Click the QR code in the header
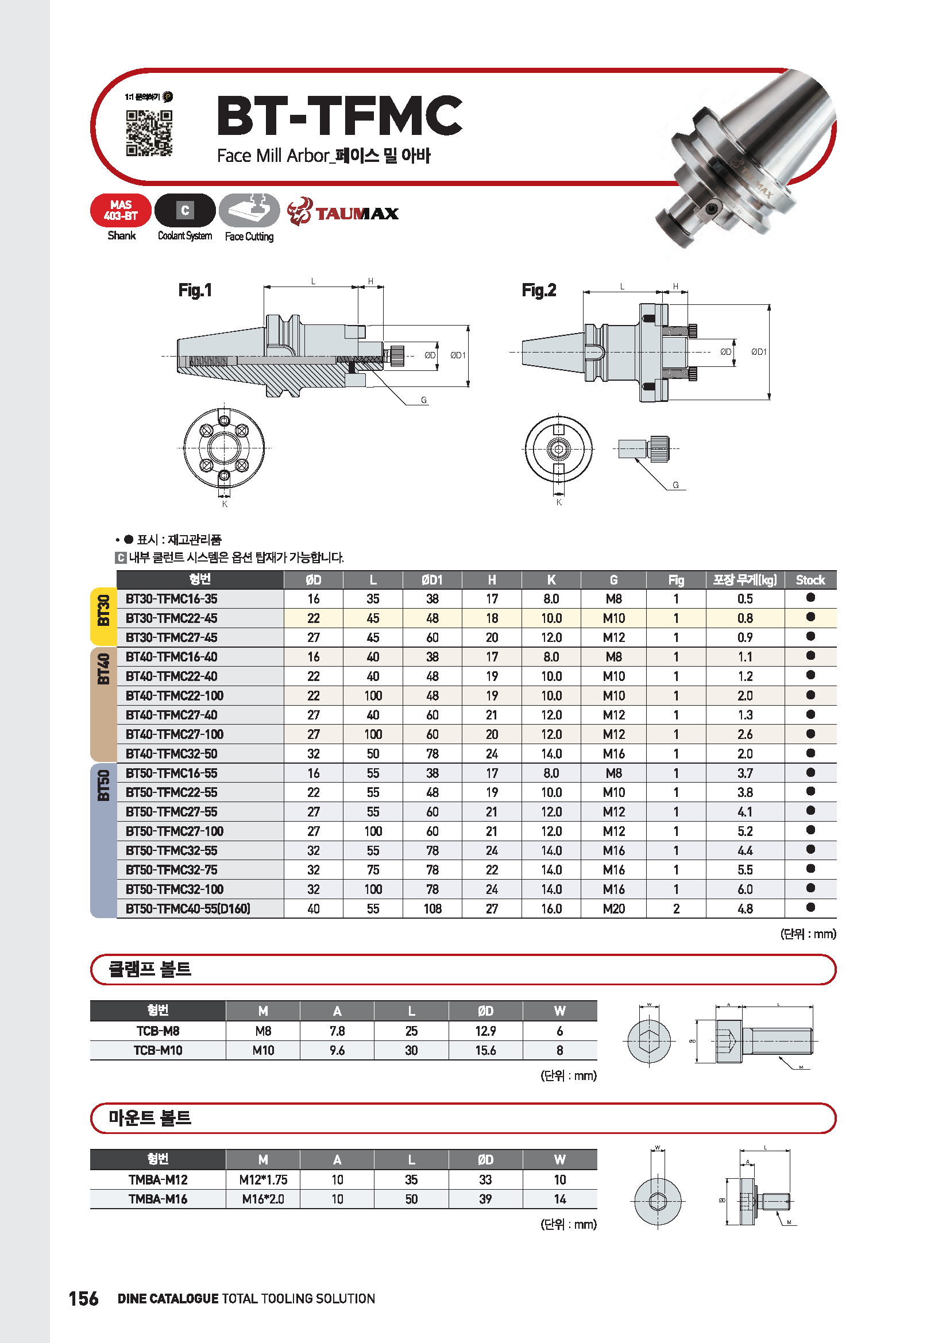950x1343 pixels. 149,133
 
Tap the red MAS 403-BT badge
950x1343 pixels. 121,211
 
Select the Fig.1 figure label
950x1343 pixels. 195,290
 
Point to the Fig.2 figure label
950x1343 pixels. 539,290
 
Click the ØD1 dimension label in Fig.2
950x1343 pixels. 759,351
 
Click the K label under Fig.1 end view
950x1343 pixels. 225,504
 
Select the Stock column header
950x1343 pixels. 810,580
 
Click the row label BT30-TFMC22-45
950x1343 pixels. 171,618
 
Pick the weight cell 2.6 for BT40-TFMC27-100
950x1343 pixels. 745,734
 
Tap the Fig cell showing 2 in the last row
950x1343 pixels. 676,908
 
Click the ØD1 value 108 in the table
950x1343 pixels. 432,908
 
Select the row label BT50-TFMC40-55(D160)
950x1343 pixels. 188,908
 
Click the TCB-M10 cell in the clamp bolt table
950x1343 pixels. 158,1050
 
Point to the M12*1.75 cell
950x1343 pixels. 263,1179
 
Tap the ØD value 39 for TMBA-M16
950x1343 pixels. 485,1198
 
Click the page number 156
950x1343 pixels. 84,1298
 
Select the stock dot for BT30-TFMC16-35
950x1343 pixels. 810,597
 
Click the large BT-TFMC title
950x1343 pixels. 339,116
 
